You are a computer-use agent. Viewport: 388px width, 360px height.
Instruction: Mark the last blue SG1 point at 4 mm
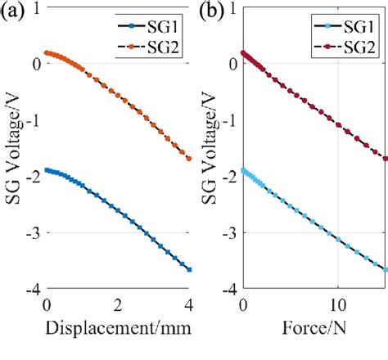189,269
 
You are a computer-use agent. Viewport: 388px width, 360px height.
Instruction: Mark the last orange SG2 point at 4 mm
189,159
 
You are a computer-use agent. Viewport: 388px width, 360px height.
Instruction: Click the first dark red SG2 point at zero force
243,52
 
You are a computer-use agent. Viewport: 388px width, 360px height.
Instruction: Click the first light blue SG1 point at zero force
243,170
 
